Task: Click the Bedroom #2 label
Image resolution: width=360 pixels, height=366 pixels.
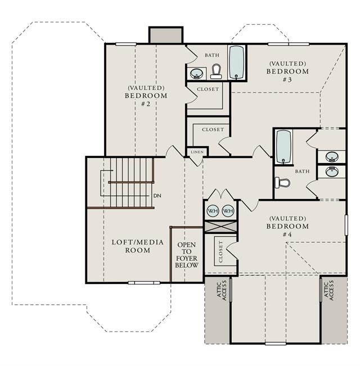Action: pyautogui.click(x=146, y=96)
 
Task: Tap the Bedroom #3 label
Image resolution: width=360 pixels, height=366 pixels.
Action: pyautogui.click(x=287, y=71)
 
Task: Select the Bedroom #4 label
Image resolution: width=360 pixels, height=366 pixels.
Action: pyautogui.click(x=287, y=226)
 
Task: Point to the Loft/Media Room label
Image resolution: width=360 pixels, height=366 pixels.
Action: pyautogui.click(x=138, y=246)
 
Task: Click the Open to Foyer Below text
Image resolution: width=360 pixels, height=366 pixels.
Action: pyautogui.click(x=187, y=255)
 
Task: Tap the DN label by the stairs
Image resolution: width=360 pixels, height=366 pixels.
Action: pyautogui.click(x=157, y=196)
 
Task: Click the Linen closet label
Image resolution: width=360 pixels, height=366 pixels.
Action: pyautogui.click(x=197, y=152)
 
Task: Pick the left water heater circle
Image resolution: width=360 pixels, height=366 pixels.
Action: pyautogui.click(x=213, y=211)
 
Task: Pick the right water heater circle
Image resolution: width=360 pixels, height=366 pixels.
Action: pyautogui.click(x=228, y=211)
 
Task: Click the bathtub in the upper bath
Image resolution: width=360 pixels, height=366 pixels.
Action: pyautogui.click(x=237, y=62)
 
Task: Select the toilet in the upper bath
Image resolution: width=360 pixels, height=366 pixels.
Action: pyautogui.click(x=216, y=71)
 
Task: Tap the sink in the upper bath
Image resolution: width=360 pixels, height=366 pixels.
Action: pyautogui.click(x=196, y=73)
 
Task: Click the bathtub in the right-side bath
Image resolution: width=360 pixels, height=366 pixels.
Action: pyautogui.click(x=283, y=147)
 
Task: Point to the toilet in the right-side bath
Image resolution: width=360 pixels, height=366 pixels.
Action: pyautogui.click(x=282, y=183)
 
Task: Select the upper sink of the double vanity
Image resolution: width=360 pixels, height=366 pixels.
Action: pyautogui.click(x=332, y=156)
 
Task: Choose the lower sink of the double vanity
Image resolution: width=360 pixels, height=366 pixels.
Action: pyautogui.click(x=332, y=171)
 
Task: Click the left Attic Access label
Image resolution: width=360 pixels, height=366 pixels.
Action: pyautogui.click(x=222, y=290)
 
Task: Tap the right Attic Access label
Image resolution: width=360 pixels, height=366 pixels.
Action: pyautogui.click(x=328, y=290)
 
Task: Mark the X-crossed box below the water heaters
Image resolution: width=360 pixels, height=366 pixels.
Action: pyautogui.click(x=221, y=227)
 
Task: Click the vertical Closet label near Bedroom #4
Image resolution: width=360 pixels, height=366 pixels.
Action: pyautogui.click(x=221, y=252)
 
